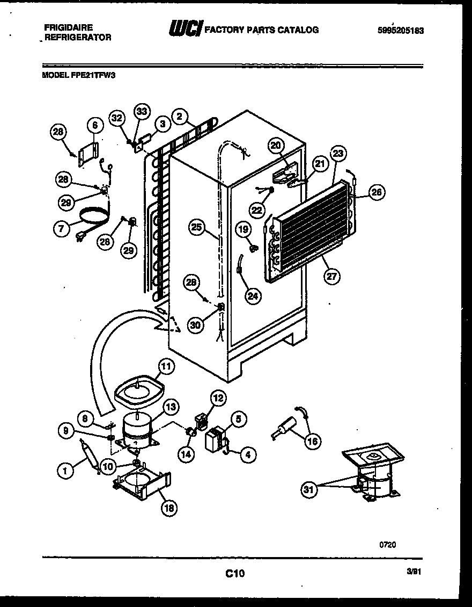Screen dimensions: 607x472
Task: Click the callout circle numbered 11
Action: (167, 367)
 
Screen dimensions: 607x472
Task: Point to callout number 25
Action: (197, 228)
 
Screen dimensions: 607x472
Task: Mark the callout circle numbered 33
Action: (142, 112)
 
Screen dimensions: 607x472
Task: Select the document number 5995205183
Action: (400, 31)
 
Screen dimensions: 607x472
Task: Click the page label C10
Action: (234, 574)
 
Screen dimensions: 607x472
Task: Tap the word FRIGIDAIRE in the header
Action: (69, 27)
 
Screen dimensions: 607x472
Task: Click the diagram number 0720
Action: (388, 544)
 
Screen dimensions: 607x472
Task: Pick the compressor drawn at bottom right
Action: (373, 475)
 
